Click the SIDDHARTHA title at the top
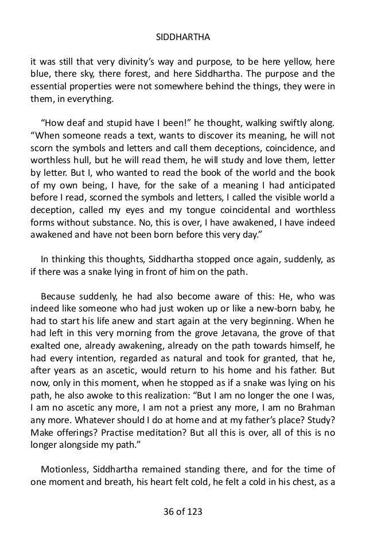point(183,40)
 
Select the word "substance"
point(130,219)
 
